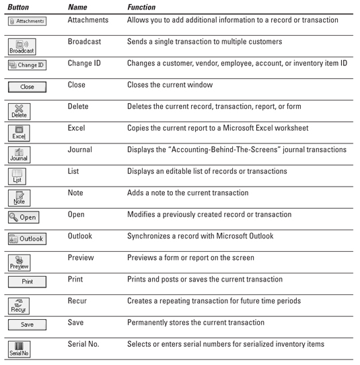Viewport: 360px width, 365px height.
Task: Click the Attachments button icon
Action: pos(27,22)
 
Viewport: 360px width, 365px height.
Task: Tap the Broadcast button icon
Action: pos(22,46)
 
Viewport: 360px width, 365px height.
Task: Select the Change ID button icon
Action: pos(27,65)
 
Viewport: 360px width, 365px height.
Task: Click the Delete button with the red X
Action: pos(20,111)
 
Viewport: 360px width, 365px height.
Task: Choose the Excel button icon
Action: pos(20,133)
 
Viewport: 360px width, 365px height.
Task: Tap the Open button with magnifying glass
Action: pos(24,218)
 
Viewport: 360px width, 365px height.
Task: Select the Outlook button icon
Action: pos(27,239)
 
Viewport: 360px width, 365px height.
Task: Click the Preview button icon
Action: pos(20,261)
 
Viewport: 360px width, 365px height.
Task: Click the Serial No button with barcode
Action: pos(19,349)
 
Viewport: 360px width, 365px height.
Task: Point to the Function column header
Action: pos(141,7)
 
